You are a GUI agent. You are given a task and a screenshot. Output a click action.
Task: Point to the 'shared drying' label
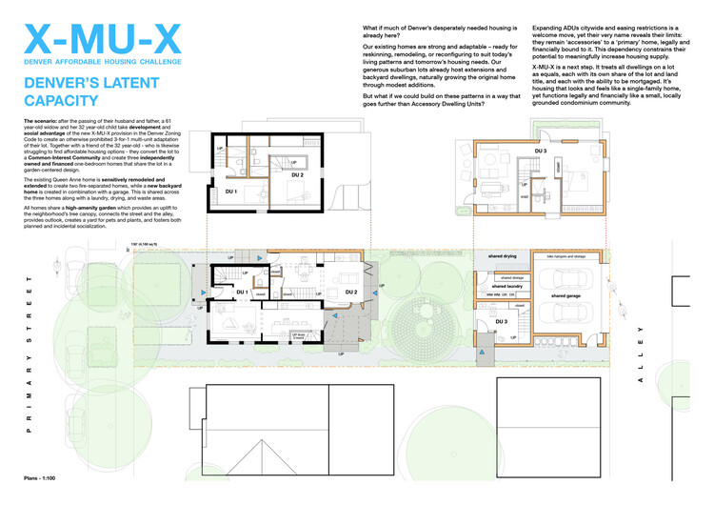pos(502,256)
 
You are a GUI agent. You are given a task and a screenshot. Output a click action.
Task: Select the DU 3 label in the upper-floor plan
pos(540,151)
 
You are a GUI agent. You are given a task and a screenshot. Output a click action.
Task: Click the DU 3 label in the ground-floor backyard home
pos(500,322)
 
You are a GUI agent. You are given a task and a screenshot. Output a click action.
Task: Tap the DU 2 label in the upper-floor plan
pos(297,175)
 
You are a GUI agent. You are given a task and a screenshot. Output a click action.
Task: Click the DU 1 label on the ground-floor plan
pos(242,293)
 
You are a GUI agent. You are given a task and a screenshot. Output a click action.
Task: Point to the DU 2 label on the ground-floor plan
pos(349,292)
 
